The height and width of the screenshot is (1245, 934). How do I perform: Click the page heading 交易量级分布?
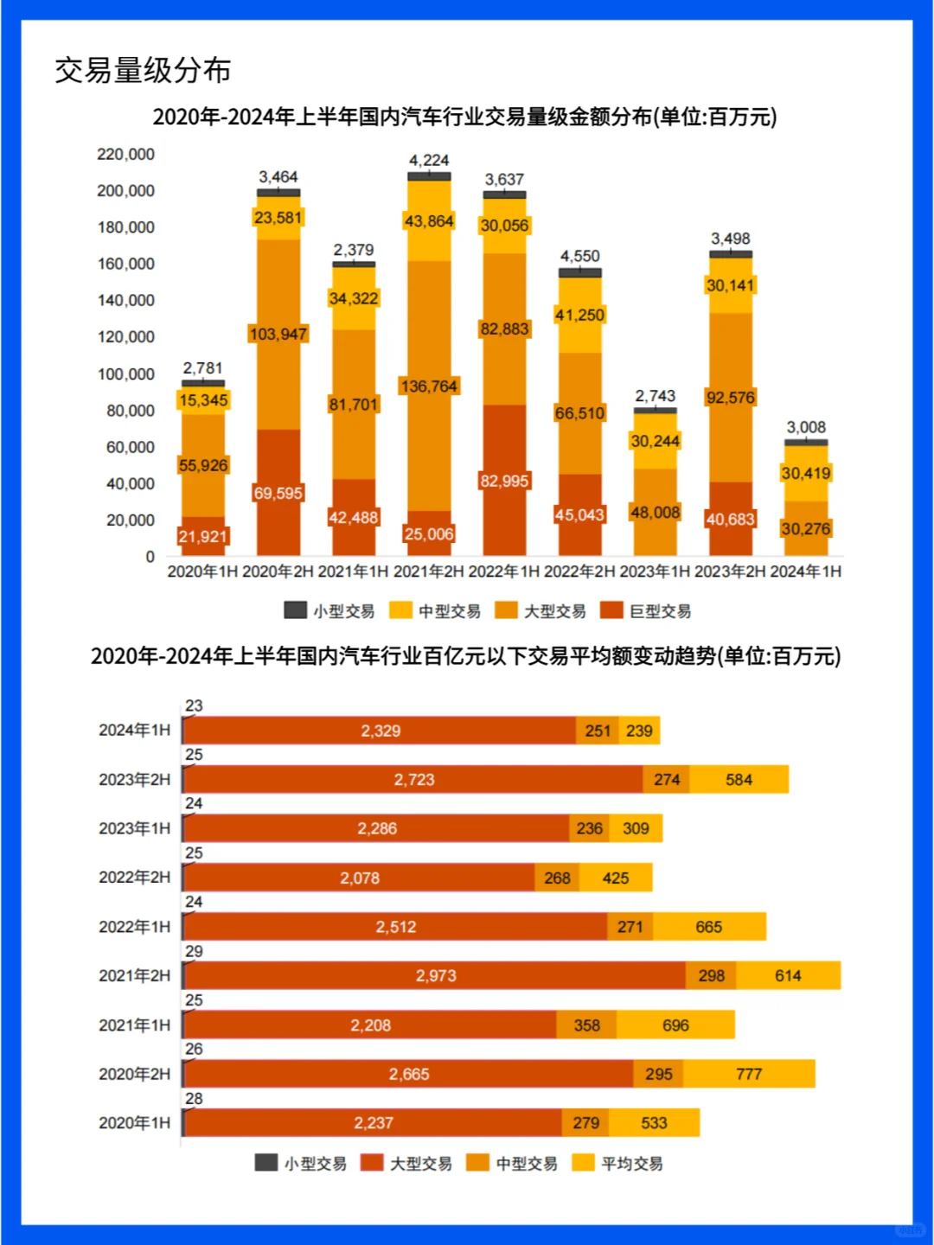[x=143, y=70]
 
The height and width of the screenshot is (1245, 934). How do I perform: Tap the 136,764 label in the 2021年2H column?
[x=429, y=386]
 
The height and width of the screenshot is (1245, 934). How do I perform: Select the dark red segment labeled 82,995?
[x=504, y=481]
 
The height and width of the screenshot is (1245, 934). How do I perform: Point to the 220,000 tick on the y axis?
[x=125, y=154]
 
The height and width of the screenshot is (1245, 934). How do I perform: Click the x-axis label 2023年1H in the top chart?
[x=655, y=571]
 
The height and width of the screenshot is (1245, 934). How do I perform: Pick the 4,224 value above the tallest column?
[x=429, y=161]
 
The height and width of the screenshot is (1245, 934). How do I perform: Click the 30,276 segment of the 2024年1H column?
[x=806, y=528]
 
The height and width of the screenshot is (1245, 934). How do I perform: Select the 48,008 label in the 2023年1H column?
[x=655, y=513]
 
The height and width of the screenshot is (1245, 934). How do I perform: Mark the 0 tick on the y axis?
[x=150, y=557]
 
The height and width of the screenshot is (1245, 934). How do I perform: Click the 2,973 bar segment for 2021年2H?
[x=436, y=975]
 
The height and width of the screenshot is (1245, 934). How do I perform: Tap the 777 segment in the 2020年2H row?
[x=749, y=1074]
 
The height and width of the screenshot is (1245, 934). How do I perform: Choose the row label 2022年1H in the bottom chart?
[x=134, y=927]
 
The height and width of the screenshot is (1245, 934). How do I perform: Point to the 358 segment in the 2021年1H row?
[x=586, y=1025]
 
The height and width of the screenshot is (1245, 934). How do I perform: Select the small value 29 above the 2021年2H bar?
[x=194, y=951]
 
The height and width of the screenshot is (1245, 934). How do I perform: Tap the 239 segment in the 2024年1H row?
[x=639, y=731]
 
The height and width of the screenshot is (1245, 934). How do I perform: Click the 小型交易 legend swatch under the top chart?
[x=296, y=610]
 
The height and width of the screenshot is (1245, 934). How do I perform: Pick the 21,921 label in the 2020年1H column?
[x=202, y=537]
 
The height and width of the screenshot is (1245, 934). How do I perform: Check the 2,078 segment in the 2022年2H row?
[x=360, y=878]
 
